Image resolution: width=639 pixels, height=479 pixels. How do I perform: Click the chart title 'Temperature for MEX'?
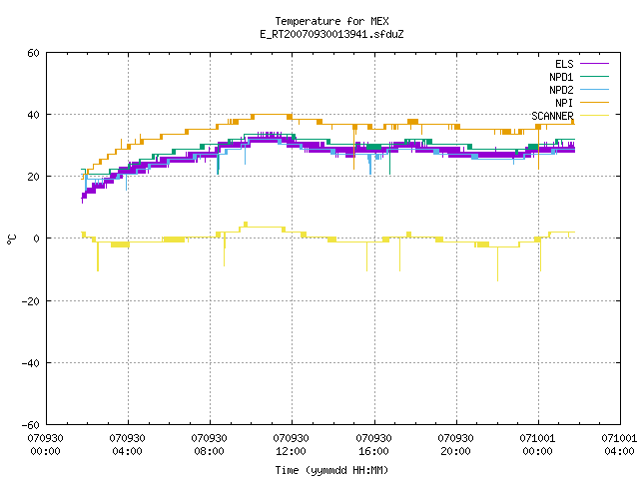click(x=331, y=21)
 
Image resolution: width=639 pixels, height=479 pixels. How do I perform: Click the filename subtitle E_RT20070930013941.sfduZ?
click(x=331, y=34)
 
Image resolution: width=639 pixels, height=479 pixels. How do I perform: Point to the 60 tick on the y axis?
click(x=33, y=53)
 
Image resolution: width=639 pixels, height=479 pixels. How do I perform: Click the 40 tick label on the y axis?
click(x=33, y=115)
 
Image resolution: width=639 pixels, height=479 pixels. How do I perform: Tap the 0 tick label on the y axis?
click(x=37, y=239)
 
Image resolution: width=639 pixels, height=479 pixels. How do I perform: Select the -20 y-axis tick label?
click(x=31, y=301)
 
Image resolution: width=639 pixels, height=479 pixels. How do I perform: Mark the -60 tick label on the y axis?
click(x=31, y=425)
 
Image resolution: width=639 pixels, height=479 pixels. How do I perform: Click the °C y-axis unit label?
click(x=11, y=239)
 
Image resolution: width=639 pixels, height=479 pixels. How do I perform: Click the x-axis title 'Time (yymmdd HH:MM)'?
click(x=331, y=470)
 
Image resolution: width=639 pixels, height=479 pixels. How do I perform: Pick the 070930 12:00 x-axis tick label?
click(x=291, y=445)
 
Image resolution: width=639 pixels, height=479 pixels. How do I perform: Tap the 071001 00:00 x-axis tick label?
click(x=537, y=445)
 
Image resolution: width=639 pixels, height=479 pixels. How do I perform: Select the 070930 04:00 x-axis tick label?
click(x=127, y=445)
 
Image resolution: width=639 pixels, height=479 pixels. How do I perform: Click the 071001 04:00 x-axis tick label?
click(x=619, y=445)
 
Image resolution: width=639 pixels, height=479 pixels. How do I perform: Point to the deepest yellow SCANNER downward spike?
click(x=497, y=263)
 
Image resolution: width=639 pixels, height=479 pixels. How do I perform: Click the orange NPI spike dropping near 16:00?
click(x=353, y=148)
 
